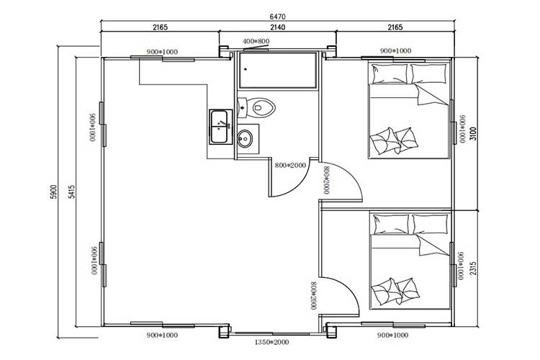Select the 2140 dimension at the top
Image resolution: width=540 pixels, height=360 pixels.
coord(276,27)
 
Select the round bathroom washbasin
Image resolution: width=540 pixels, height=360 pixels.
coord(246,138)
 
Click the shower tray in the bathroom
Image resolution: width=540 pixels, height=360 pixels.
coord(276,71)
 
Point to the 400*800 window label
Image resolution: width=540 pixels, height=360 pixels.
coord(256,42)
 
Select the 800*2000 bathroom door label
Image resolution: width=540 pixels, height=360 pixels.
coord(290,165)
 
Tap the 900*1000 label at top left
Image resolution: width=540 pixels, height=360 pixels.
coord(161,52)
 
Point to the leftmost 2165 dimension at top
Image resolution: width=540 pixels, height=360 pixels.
coord(160,27)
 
